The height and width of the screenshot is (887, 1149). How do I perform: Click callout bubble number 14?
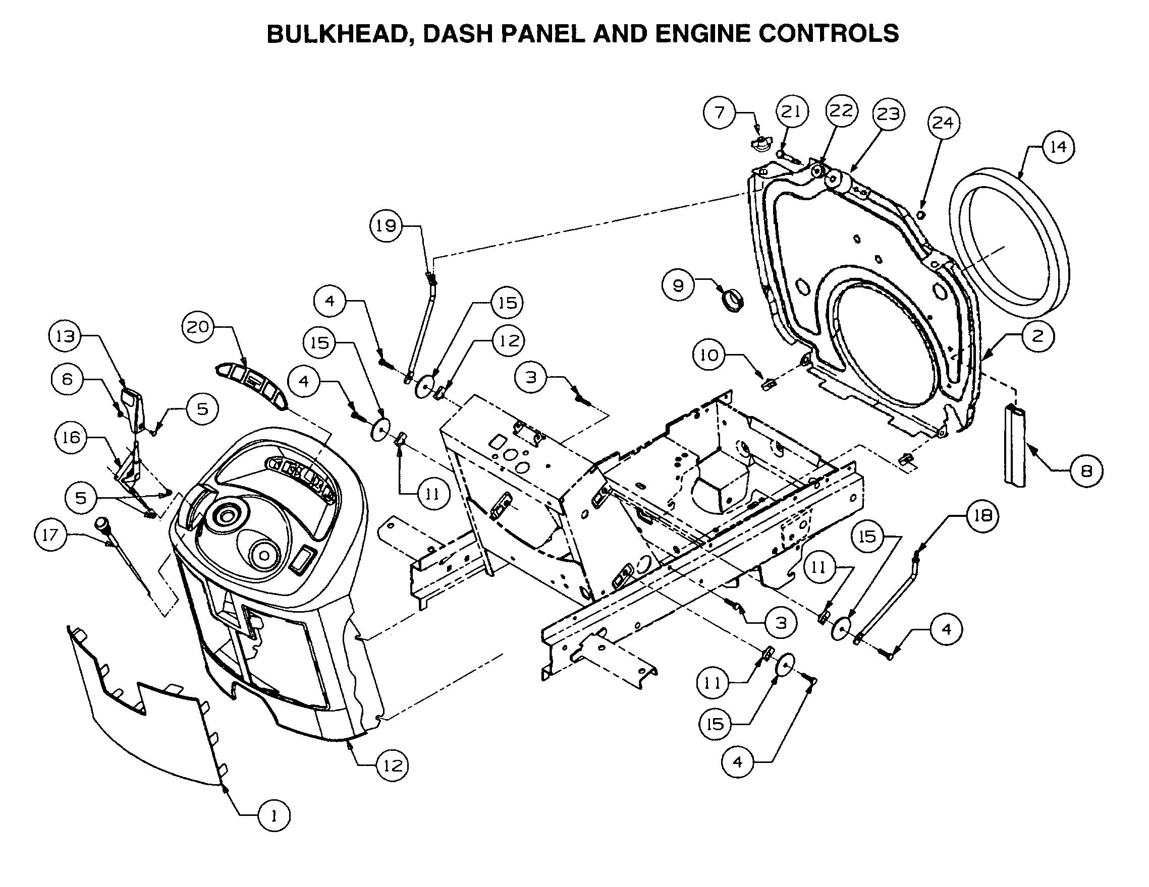click(x=1058, y=147)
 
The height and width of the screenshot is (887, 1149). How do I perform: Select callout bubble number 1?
click(x=273, y=815)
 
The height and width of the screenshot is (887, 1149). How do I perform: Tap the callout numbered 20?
click(x=198, y=327)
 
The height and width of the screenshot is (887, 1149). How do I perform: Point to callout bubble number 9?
click(x=678, y=285)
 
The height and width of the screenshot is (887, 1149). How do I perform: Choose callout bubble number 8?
click(x=1086, y=470)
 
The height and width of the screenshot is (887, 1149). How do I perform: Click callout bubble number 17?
click(x=50, y=535)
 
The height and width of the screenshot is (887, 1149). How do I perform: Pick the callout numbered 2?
click(x=1037, y=335)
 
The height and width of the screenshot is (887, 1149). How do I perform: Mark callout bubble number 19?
click(x=386, y=225)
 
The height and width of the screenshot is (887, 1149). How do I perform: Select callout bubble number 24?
click(x=943, y=123)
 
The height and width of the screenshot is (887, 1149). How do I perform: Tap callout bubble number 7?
click(x=720, y=112)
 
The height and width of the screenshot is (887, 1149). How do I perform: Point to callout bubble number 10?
click(x=708, y=356)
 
